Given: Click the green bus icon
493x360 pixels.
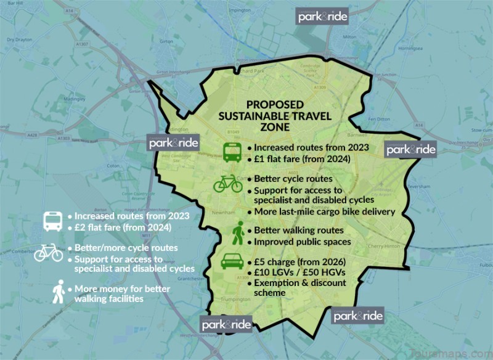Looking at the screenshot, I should tap(232, 152).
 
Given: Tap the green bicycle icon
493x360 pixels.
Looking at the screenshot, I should tap(228, 184).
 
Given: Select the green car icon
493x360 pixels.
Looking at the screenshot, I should tap(232, 261).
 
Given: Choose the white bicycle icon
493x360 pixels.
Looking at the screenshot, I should tap(49, 253).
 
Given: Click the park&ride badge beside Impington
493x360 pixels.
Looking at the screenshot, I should tap(323, 16).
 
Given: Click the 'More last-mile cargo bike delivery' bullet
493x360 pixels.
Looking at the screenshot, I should tap(320, 212).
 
